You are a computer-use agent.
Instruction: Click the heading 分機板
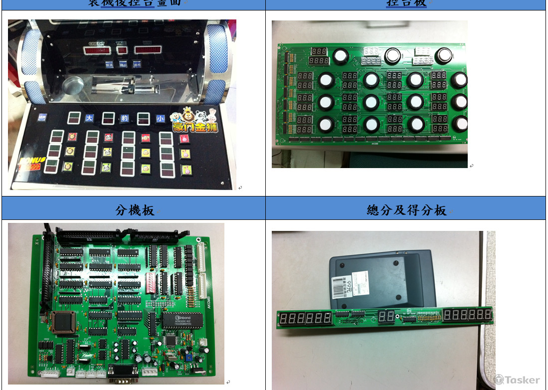(135, 210)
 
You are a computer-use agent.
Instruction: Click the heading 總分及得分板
(406, 210)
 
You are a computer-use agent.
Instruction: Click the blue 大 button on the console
(89, 118)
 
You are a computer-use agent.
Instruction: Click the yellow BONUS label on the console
(33, 161)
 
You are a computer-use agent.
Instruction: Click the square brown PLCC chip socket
(63, 322)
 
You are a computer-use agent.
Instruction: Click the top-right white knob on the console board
(444, 55)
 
